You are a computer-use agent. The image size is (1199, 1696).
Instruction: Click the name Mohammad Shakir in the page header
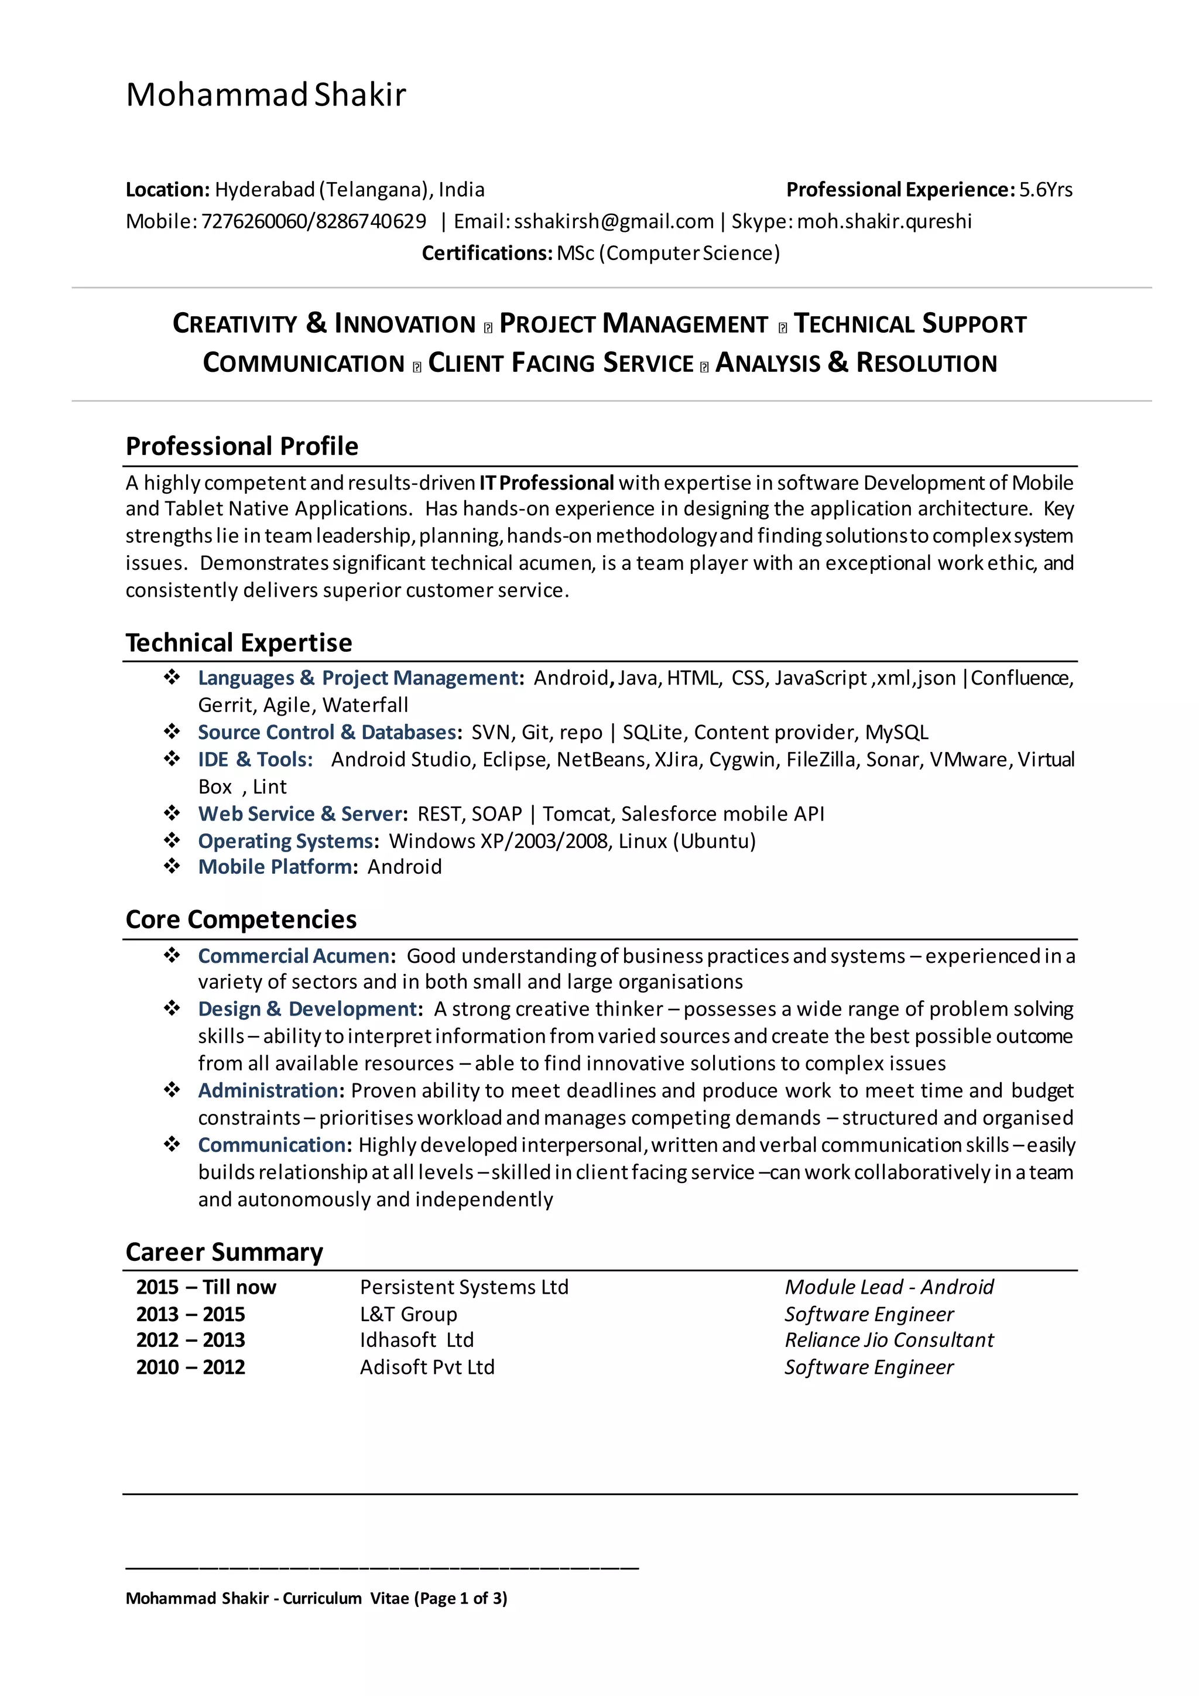pyautogui.click(x=266, y=94)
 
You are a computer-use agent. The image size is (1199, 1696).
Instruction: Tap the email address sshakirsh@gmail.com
pyautogui.click(x=614, y=221)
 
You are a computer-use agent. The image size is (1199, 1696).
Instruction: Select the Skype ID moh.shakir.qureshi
pyautogui.click(x=884, y=221)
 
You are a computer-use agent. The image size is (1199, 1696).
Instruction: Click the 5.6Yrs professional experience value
pyautogui.click(x=1046, y=190)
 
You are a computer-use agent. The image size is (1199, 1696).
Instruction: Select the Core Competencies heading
pyautogui.click(x=241, y=919)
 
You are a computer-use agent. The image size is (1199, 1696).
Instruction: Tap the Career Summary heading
pyautogui.click(x=224, y=1252)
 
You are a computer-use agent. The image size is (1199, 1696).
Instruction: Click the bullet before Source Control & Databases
pyautogui.click(x=172, y=732)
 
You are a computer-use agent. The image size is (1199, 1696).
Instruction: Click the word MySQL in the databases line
pyautogui.click(x=896, y=732)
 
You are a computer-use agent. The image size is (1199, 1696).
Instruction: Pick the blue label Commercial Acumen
pyautogui.click(x=294, y=956)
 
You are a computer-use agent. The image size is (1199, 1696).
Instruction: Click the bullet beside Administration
pyautogui.click(x=172, y=1090)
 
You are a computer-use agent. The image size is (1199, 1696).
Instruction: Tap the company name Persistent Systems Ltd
pyautogui.click(x=464, y=1287)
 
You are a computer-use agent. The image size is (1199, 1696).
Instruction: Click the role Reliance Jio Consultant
pyautogui.click(x=889, y=1340)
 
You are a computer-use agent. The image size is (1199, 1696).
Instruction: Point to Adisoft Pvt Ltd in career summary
pyautogui.click(x=427, y=1367)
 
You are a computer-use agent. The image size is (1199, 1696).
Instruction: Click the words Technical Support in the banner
pyautogui.click(x=910, y=324)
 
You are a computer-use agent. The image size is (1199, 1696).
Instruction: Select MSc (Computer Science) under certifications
pyautogui.click(x=668, y=254)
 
